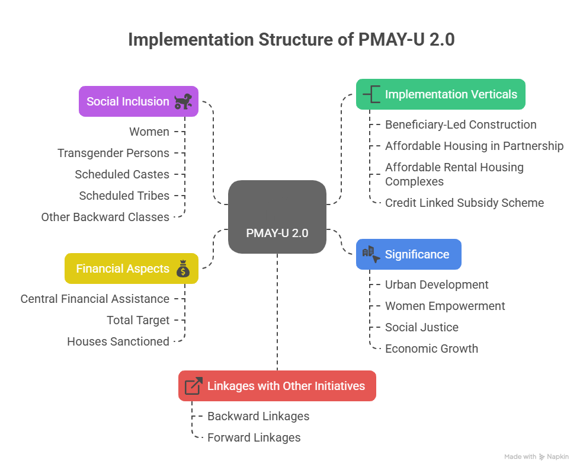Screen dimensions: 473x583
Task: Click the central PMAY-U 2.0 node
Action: pos(277,218)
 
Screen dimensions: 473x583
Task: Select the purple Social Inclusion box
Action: pos(138,101)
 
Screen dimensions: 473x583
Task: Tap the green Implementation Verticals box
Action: pos(440,94)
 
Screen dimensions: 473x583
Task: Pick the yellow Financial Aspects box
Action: pos(131,269)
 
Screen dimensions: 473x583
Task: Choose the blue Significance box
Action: pos(408,254)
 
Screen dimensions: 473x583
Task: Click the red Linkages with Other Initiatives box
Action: pos(277,386)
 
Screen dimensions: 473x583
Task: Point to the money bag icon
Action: pos(183,269)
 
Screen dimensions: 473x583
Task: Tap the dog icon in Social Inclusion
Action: pos(182,101)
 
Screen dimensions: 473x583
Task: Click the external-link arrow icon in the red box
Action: pos(193,386)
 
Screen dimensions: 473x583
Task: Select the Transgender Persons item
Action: pos(113,153)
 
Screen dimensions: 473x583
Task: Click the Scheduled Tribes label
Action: pos(124,196)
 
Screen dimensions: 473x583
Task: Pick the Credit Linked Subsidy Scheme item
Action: pos(464,203)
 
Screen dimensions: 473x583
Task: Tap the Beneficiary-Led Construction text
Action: pos(460,124)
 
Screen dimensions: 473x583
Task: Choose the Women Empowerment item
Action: pos(445,306)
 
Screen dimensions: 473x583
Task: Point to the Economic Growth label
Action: pos(431,349)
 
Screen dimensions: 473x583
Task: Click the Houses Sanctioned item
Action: pos(118,341)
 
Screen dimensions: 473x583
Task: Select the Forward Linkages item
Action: pos(254,437)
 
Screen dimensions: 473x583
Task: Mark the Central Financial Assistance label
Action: pos(95,299)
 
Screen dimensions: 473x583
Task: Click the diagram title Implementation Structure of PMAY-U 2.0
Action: pos(291,40)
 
